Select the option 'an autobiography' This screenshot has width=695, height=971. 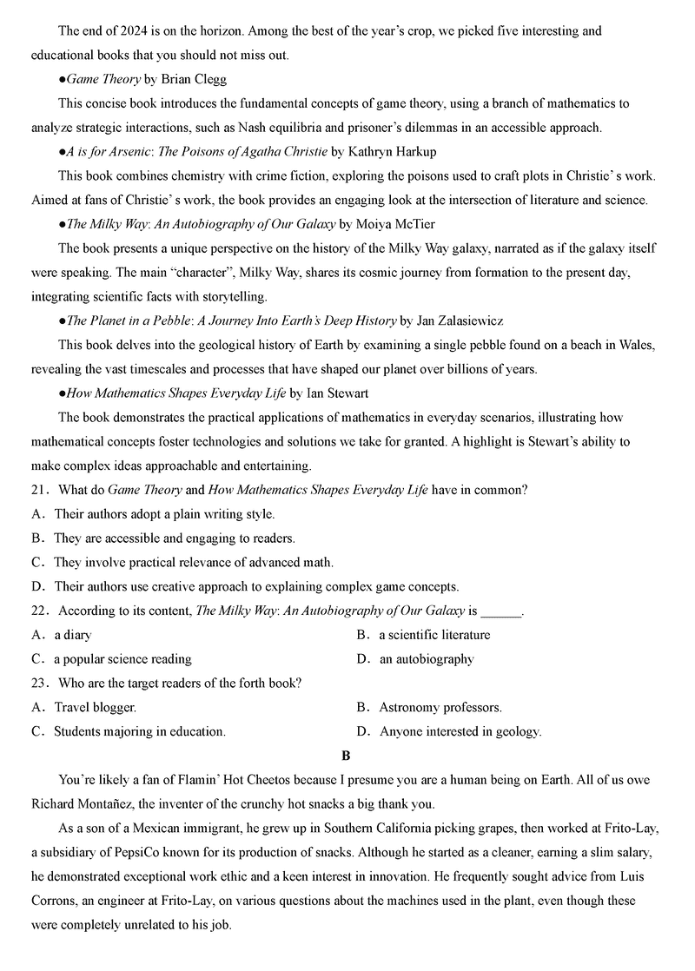(x=427, y=659)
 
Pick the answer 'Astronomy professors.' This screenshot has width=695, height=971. (x=440, y=707)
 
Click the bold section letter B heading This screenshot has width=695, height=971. (x=347, y=756)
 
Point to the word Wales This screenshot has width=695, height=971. (x=637, y=345)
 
